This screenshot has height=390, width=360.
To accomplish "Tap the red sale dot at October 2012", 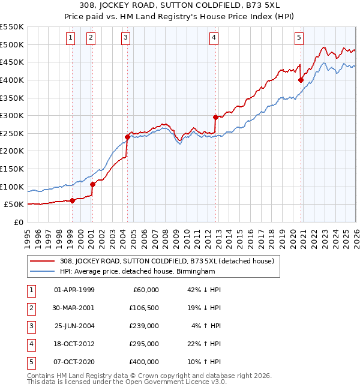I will click(x=215, y=117).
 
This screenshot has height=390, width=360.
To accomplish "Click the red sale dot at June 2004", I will click(x=127, y=137).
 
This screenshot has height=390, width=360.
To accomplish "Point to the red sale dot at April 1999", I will click(x=72, y=200).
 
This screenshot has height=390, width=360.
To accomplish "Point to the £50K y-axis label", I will click(x=14, y=205).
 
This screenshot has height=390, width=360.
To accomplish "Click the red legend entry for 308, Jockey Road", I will click(x=167, y=261).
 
